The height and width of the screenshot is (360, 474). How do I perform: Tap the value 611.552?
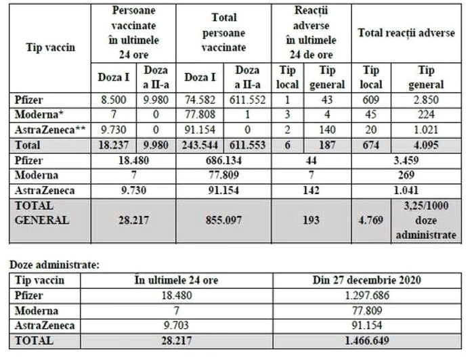pos(248,99)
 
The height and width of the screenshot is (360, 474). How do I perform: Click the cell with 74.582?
pos(201,99)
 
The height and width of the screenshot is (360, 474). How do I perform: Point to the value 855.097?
pos(224,220)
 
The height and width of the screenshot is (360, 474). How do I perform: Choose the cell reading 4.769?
pos(372,220)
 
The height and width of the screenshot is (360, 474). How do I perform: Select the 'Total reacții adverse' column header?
pos(406,33)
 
